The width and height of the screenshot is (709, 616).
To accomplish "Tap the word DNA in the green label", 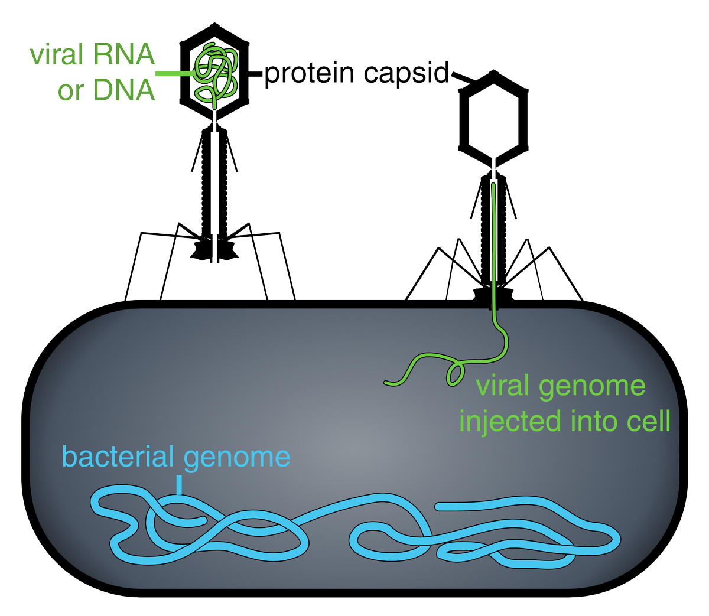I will (x=123, y=90).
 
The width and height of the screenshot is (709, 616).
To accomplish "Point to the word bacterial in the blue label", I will (x=118, y=457).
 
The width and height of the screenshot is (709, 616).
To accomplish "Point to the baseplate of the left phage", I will (x=213, y=248).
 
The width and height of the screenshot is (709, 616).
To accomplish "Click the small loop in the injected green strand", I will (x=455, y=374).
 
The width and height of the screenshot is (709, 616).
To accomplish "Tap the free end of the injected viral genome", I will (x=387, y=383).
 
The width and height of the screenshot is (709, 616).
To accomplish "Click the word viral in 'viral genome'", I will (x=502, y=386).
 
